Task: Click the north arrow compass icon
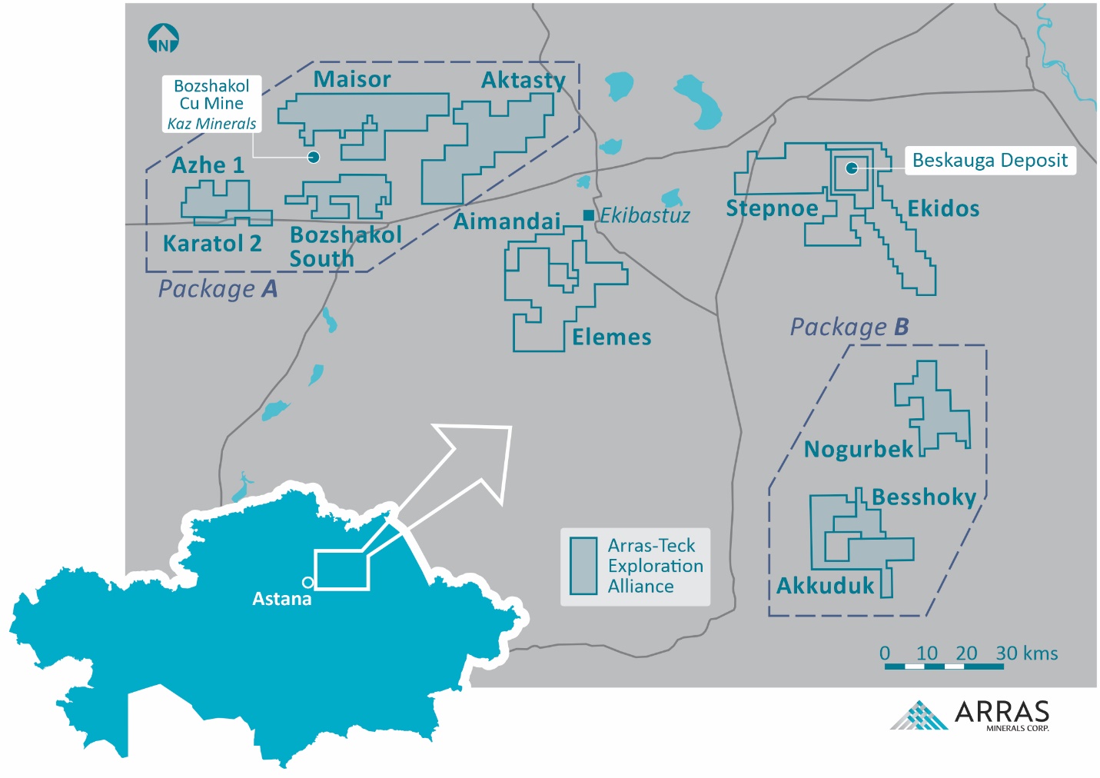(163, 38)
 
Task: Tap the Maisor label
(352, 79)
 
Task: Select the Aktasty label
(523, 80)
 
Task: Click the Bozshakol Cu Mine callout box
(211, 105)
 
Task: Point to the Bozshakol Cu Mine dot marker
(314, 157)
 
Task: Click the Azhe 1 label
(208, 165)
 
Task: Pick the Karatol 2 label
(211, 244)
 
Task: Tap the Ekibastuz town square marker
(588, 215)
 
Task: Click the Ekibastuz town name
(645, 215)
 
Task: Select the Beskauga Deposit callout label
(989, 161)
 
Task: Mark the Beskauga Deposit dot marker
(852, 168)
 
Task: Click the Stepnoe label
(772, 208)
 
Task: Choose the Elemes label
(611, 337)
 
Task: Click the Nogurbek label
(858, 449)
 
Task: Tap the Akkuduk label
(826, 586)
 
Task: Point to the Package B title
(849, 327)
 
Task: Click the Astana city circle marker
(307, 582)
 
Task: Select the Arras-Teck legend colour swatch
(583, 566)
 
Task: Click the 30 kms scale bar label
(1026, 653)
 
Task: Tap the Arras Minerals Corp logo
(970, 715)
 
